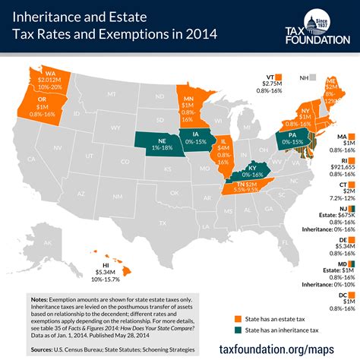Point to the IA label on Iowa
(x=189, y=133)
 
